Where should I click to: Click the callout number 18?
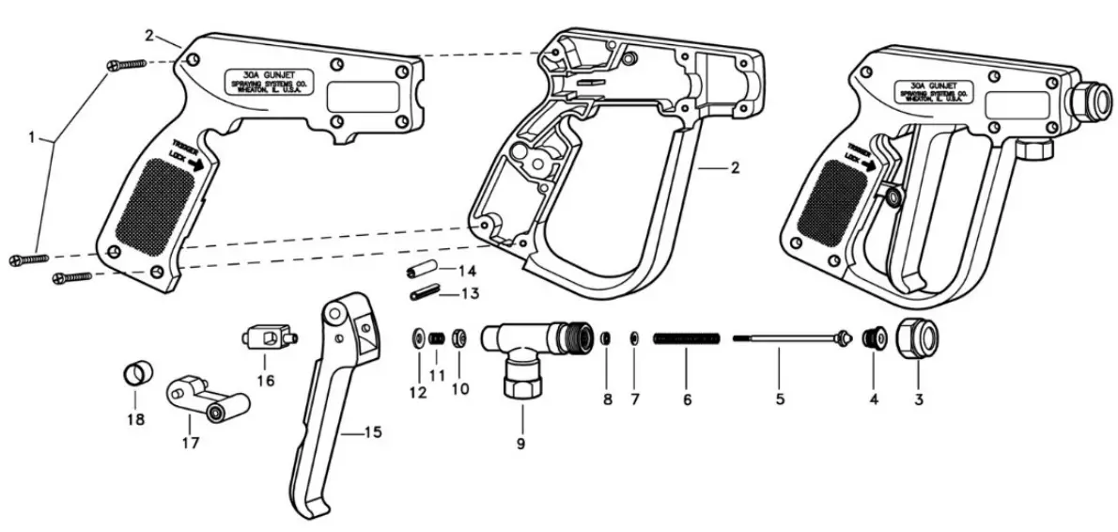(136, 420)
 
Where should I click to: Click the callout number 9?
(521, 442)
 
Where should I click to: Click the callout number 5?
(780, 399)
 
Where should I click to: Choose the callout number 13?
(470, 294)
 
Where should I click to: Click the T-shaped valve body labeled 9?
(531, 352)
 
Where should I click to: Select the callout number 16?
(264, 381)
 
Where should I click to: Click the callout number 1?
(32, 137)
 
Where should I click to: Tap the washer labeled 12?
(415, 337)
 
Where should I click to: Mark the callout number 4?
(874, 399)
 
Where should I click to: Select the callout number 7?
(635, 399)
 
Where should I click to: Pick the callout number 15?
(373, 432)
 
